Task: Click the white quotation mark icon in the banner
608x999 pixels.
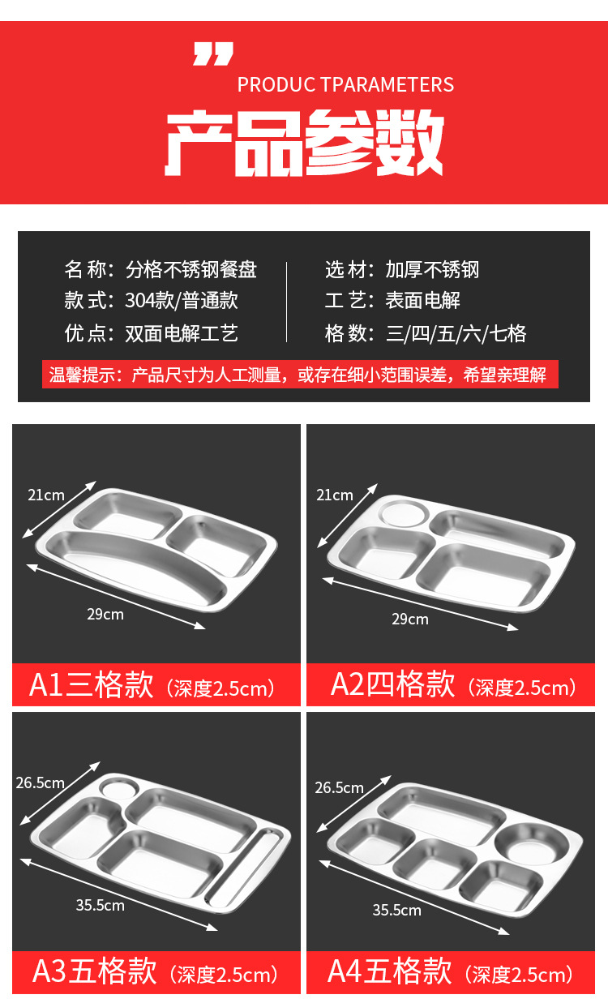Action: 213,54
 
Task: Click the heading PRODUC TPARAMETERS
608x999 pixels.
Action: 345,85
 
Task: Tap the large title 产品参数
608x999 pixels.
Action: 305,144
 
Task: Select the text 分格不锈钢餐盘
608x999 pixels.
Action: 191,270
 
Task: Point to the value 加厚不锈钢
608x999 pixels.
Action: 432,270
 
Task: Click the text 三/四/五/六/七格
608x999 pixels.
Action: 456,333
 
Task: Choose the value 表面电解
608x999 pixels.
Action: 422,300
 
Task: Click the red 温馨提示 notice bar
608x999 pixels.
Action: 300,375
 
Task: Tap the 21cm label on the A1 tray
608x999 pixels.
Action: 46,495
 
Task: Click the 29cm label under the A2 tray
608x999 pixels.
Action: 410,619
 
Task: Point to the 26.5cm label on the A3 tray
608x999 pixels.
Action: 40,782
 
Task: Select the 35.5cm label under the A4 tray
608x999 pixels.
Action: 396,910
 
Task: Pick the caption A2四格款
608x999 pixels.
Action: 392,684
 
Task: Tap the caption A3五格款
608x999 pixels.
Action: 95,971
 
